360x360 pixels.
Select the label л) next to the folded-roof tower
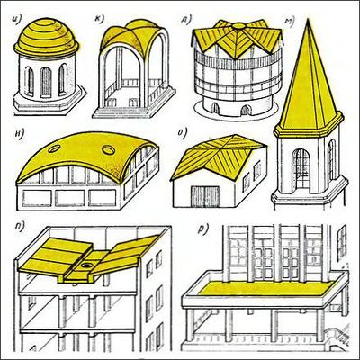[185, 19]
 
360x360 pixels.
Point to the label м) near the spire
[290, 21]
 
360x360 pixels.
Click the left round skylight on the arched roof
[54, 148]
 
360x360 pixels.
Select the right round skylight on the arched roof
[108, 149]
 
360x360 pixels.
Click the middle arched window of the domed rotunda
[46, 82]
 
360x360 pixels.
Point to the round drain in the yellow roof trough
[86, 265]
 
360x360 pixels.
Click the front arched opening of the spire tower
[301, 168]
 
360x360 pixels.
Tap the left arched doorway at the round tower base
[215, 109]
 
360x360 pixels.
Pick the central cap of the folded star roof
[238, 26]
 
